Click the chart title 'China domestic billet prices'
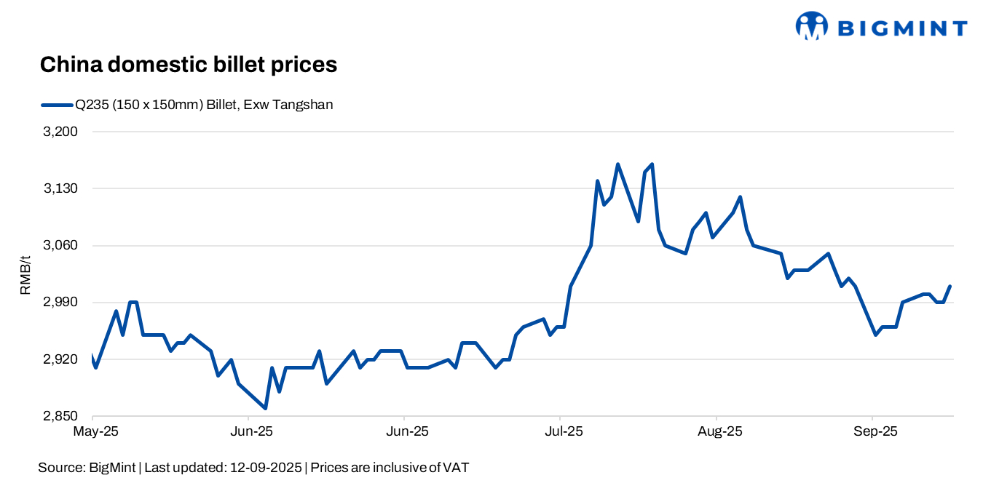188,65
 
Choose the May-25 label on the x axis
95,431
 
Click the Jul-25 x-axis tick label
564,431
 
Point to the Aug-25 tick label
719,431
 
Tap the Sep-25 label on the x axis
876,431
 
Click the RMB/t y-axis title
25,275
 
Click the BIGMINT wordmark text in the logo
903,28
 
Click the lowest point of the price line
265,408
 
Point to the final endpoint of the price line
951,286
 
